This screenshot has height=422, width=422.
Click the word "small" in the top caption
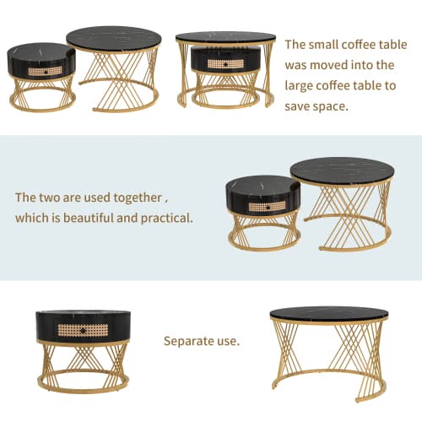click(x=333, y=45)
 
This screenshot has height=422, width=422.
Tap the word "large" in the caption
click(x=305, y=84)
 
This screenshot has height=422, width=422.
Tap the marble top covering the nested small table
click(x=225, y=37)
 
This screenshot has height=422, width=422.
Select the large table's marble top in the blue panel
click(x=342, y=170)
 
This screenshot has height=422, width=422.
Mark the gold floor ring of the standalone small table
click(x=83, y=387)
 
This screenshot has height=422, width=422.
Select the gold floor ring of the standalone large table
click(x=328, y=391)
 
